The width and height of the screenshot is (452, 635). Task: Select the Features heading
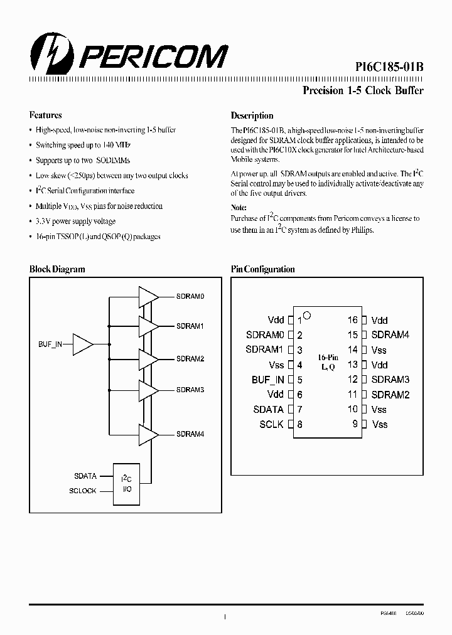46,115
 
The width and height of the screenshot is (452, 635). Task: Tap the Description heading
252,115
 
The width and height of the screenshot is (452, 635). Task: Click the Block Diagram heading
57,269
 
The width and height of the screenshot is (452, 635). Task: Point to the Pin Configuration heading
262,269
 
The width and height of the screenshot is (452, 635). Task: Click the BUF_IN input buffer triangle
82,344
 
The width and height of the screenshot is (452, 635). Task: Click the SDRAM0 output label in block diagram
190,296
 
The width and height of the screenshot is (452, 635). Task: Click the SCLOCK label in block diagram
83,491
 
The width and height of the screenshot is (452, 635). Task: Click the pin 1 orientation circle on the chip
307,315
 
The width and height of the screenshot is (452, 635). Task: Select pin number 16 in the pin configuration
353,320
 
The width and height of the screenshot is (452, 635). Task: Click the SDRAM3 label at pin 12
390,380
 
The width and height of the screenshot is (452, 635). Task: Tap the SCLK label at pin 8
272,424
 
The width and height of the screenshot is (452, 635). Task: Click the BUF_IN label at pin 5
268,380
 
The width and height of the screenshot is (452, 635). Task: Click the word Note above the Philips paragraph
239,207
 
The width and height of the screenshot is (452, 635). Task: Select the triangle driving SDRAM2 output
148,359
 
